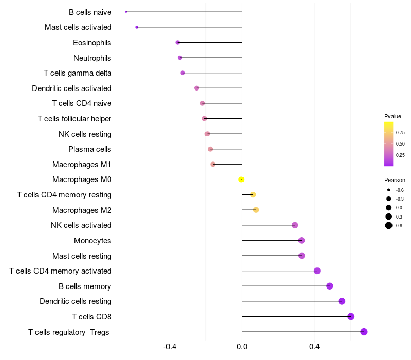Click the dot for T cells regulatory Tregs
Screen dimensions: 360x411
click(x=364, y=332)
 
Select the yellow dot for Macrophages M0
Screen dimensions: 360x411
click(x=241, y=179)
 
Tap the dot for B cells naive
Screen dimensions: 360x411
click(x=126, y=12)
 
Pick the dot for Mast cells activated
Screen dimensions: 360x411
click(x=137, y=27)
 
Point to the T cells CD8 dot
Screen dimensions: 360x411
click(x=351, y=316)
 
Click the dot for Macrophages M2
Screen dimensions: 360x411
click(x=256, y=210)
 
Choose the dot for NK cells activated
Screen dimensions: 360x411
click(x=295, y=225)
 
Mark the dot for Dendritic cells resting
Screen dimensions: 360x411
click(x=342, y=301)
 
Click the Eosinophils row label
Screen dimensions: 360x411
click(x=92, y=43)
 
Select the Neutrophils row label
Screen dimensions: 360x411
click(x=92, y=58)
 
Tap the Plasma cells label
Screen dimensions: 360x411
click(x=89, y=149)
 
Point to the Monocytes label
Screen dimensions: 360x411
click(x=92, y=241)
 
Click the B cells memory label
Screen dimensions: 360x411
click(x=85, y=286)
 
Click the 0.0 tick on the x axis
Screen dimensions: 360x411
click(x=242, y=347)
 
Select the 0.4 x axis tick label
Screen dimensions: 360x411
click(x=314, y=347)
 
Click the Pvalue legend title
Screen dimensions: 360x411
click(x=393, y=116)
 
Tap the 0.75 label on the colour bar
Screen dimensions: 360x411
click(x=400, y=132)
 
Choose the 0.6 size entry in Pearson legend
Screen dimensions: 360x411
click(x=389, y=226)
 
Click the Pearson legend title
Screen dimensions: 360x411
click(x=395, y=181)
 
